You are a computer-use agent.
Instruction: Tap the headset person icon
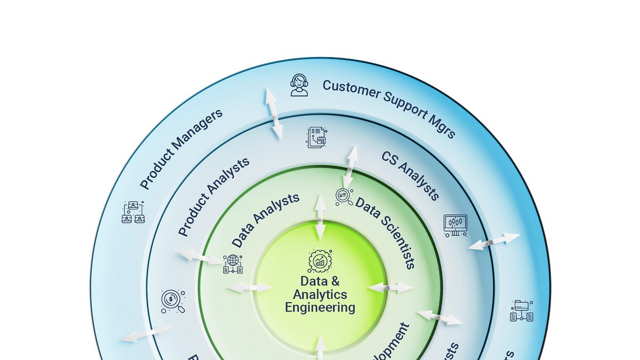299,85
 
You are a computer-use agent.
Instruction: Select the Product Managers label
181,149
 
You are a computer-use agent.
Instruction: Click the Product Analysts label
214,197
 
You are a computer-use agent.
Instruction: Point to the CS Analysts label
411,175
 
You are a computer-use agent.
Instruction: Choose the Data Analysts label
266,220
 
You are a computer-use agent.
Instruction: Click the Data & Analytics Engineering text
320,294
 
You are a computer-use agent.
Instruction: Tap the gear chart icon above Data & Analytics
320,260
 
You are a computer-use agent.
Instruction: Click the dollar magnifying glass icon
173,301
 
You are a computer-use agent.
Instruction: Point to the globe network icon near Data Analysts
233,264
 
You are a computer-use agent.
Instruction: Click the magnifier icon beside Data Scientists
344,197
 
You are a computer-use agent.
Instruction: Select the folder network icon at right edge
522,311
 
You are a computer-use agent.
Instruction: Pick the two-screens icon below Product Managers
133,212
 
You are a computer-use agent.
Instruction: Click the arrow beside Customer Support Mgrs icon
274,114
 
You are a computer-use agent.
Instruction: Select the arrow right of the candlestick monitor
493,241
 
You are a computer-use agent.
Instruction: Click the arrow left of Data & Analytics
249,288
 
